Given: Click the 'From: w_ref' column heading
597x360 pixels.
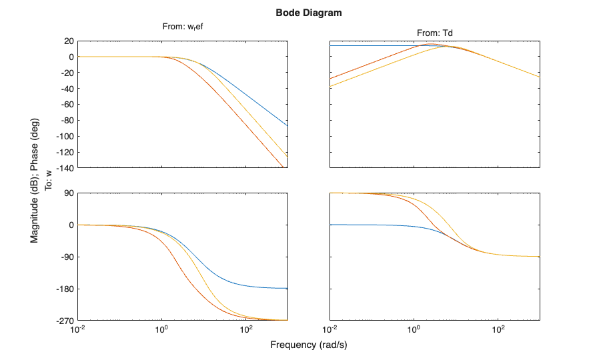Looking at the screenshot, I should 182,27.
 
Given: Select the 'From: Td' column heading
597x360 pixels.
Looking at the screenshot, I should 435,33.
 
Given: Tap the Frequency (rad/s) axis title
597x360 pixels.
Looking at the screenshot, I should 309,345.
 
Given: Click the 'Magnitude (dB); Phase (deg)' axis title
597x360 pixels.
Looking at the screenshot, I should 35,180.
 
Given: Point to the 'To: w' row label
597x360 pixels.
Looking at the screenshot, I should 48,180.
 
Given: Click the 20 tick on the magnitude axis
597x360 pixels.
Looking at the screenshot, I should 67,41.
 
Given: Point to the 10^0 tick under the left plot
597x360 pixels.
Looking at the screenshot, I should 161,330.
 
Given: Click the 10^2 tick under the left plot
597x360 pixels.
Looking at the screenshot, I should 245,330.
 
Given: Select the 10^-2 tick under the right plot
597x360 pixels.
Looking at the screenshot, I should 330,330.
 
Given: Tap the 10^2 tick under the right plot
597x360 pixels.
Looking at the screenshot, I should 498,330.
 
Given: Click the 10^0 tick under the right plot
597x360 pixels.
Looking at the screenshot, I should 414,330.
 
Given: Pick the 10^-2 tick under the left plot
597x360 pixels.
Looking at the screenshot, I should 77,330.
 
